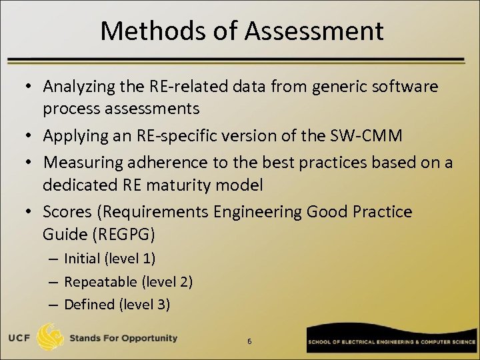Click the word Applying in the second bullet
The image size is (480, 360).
71,136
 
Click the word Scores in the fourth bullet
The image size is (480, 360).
65,212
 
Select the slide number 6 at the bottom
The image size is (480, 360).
249,342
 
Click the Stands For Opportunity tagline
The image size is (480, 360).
123,338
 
